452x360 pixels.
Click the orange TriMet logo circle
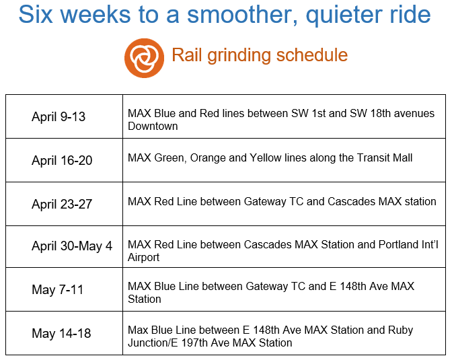[144, 58]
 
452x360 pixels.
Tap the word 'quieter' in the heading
[344, 15]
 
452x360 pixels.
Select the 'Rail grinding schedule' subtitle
[260, 55]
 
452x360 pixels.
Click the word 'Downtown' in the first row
[153, 127]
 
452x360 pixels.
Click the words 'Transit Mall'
[385, 157]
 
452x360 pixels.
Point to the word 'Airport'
[143, 257]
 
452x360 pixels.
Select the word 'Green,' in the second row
[171, 158]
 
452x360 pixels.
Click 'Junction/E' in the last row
[153, 343]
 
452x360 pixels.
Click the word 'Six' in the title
[36, 14]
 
